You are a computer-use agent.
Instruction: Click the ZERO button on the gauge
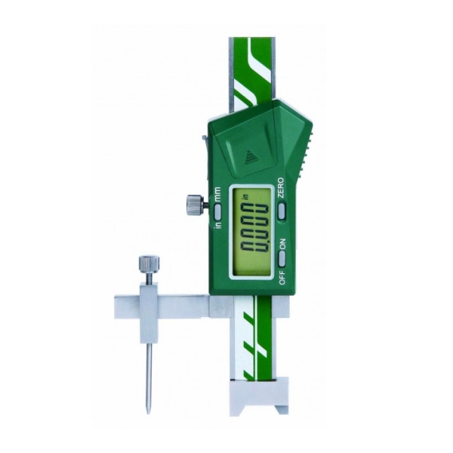point(282,211)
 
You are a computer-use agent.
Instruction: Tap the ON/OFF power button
point(282,259)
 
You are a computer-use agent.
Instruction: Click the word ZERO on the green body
point(281,188)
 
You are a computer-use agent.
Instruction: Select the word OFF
point(282,277)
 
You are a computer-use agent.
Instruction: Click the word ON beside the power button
point(282,244)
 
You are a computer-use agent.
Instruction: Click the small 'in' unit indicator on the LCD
point(245,197)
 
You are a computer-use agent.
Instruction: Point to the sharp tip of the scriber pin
point(148,413)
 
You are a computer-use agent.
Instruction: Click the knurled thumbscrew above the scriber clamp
point(149,264)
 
